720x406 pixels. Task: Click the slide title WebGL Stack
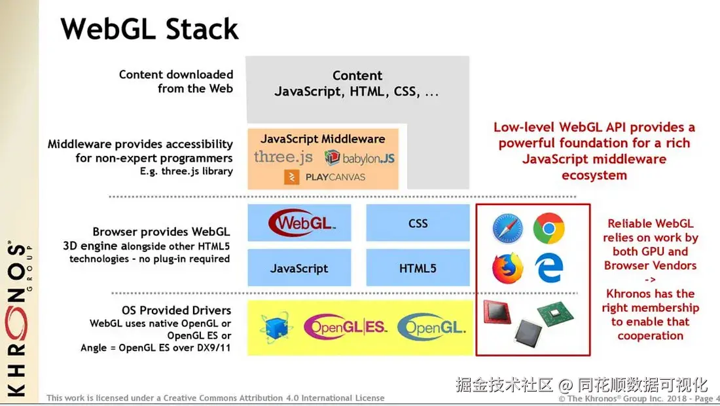[x=150, y=29]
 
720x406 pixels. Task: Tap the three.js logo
[x=283, y=157]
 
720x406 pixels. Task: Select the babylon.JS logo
[x=360, y=158]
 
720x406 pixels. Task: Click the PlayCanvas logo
[x=325, y=177]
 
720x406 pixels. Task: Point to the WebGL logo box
[x=300, y=223]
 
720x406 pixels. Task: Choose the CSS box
[x=418, y=223]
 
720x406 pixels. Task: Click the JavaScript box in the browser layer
[x=299, y=268]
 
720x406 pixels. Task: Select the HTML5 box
[x=418, y=268]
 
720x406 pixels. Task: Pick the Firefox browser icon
[x=508, y=268]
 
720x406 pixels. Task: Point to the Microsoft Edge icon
[x=549, y=268]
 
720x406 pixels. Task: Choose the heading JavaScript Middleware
[x=323, y=139]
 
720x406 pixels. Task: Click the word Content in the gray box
[x=357, y=75]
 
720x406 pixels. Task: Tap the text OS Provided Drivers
[x=176, y=310]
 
